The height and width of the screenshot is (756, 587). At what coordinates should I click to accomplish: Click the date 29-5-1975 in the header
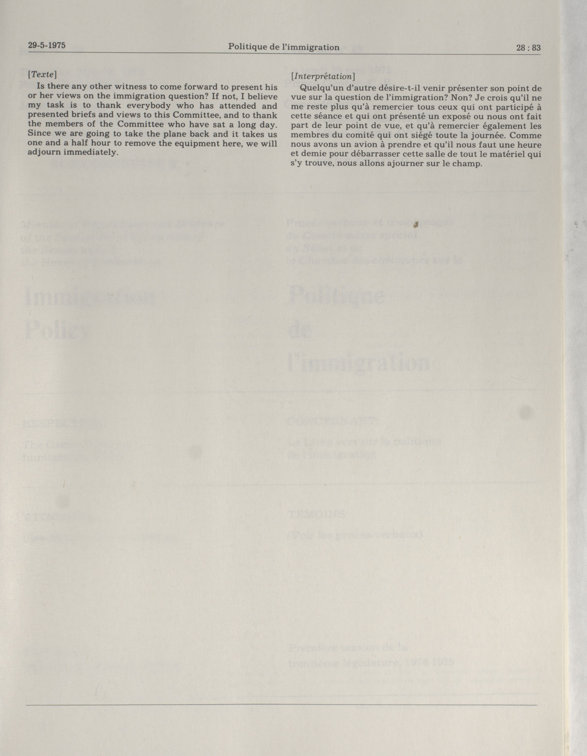47,45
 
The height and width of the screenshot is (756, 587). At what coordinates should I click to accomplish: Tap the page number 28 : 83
528,48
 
